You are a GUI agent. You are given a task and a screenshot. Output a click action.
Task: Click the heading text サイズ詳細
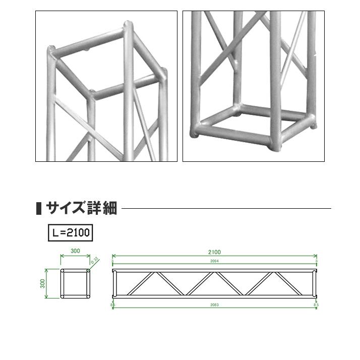pos(82,208)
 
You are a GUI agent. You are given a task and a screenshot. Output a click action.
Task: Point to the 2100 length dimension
pos(214,252)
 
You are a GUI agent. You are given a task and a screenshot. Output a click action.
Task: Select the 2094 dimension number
pos(214,261)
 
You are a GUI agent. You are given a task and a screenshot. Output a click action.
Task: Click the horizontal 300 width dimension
pos(75,251)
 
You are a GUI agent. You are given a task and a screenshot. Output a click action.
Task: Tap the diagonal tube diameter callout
pos(94,260)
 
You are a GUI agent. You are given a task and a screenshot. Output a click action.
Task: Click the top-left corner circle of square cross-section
pos(63,271)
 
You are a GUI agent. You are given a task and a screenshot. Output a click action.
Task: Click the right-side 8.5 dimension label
pos(316,305)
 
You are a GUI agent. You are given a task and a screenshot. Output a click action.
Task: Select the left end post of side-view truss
pos(113,284)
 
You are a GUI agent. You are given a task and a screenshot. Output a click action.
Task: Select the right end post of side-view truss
pos(316,284)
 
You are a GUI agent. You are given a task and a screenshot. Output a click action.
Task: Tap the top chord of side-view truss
pos(214,272)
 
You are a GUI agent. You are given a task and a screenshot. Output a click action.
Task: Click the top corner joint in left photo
pos(128,25)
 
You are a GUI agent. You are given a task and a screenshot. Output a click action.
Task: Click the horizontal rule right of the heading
pos(227,208)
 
